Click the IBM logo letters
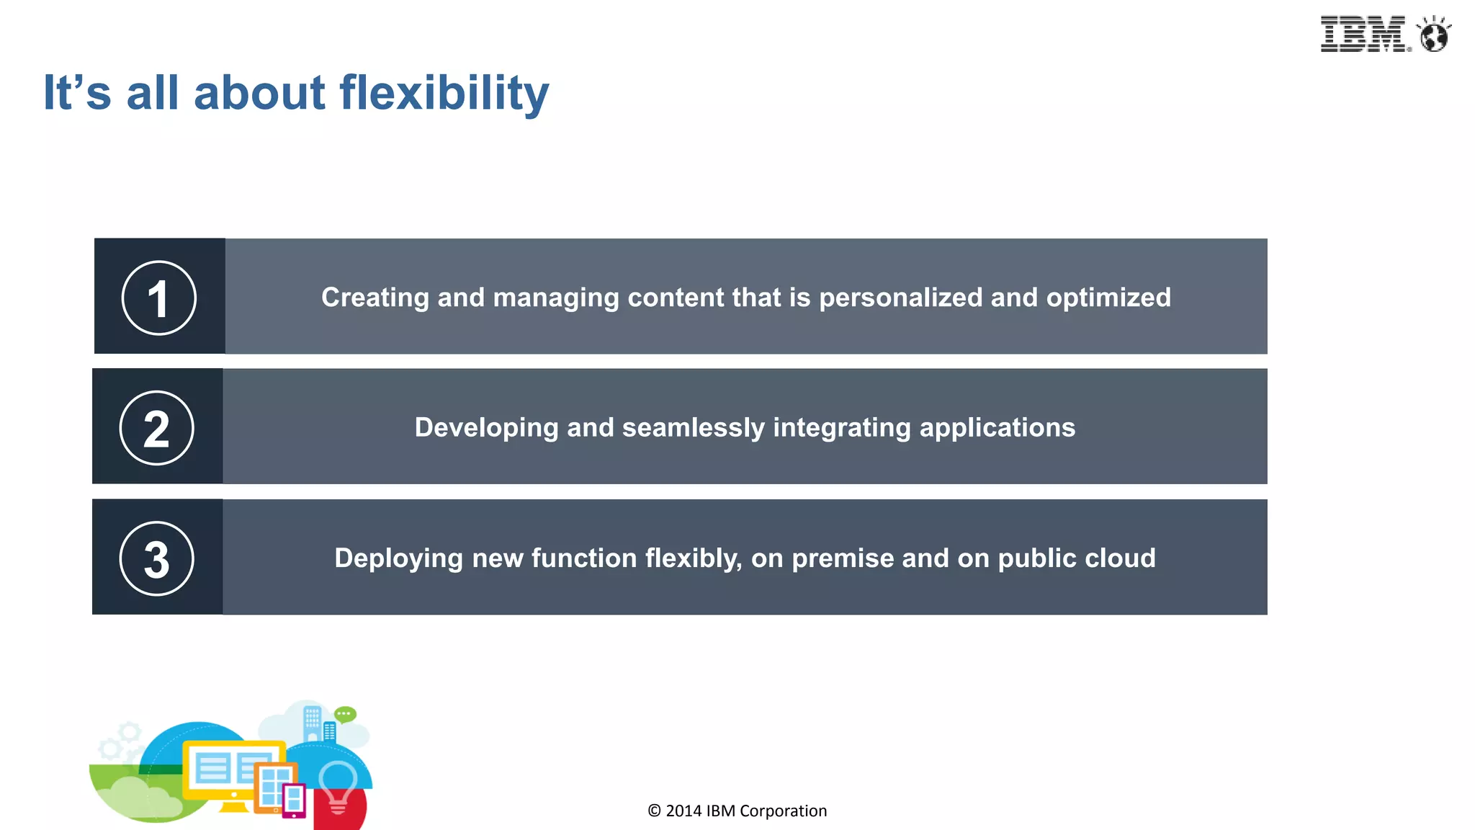(1362, 34)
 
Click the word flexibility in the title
(444, 94)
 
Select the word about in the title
(260, 94)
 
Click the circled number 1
(158, 298)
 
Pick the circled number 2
(156, 428)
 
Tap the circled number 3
(156, 558)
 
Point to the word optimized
(1108, 298)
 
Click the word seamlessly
(693, 428)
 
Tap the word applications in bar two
(997, 428)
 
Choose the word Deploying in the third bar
(398, 558)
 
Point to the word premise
(843, 558)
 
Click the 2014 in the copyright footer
(683, 811)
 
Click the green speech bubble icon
(345, 714)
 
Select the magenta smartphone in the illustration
(294, 800)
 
